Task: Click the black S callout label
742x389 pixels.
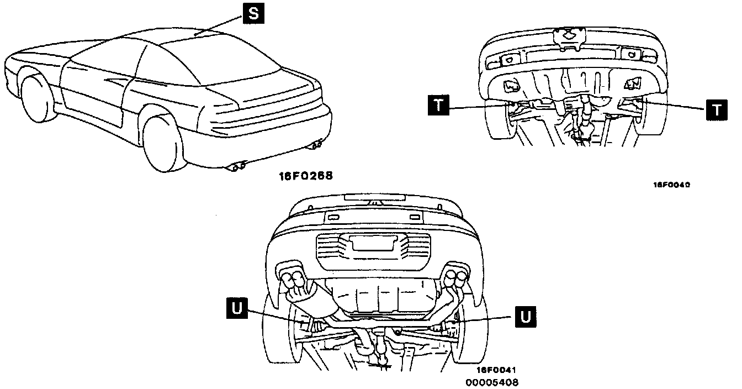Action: (253, 14)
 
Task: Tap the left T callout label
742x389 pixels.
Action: (438, 105)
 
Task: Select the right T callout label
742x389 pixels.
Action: (716, 109)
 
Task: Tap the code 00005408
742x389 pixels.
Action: (492, 382)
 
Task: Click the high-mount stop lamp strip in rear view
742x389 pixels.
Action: (373, 197)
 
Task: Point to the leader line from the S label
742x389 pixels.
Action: (221, 24)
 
